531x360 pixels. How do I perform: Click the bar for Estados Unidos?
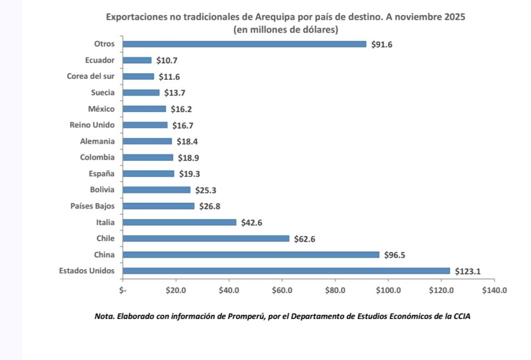(x=286, y=271)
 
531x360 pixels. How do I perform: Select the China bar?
(x=251, y=255)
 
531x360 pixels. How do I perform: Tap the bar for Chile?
(x=206, y=239)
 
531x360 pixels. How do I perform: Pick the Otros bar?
(x=244, y=44)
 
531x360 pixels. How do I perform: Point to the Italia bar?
(x=179, y=223)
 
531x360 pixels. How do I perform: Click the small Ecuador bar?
(x=137, y=60)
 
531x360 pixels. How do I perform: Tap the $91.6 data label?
(x=382, y=45)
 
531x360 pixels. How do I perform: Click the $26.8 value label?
(x=210, y=206)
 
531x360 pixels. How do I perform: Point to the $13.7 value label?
(x=175, y=93)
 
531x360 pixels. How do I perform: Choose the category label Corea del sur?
(x=91, y=76)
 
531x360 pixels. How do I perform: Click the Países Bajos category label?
(x=92, y=206)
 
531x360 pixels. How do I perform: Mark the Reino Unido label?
(x=92, y=125)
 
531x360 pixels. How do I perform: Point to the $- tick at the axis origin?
(x=123, y=290)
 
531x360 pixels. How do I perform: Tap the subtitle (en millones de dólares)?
(x=286, y=30)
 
